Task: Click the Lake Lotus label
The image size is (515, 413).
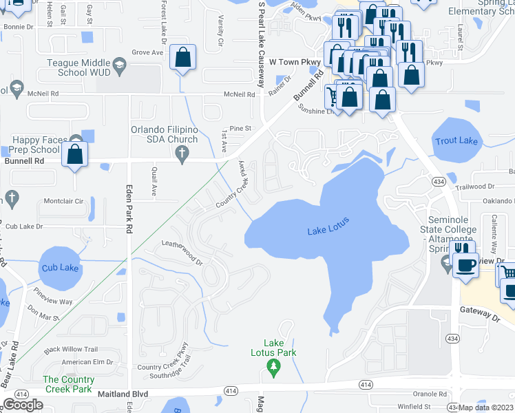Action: [328, 226]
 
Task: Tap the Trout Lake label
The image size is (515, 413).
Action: [456, 141]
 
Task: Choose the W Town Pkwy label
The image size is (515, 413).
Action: [295, 62]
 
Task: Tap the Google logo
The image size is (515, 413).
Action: [23, 405]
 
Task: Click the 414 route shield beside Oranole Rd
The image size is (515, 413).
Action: [366, 384]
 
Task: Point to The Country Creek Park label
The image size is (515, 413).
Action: [68, 384]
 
